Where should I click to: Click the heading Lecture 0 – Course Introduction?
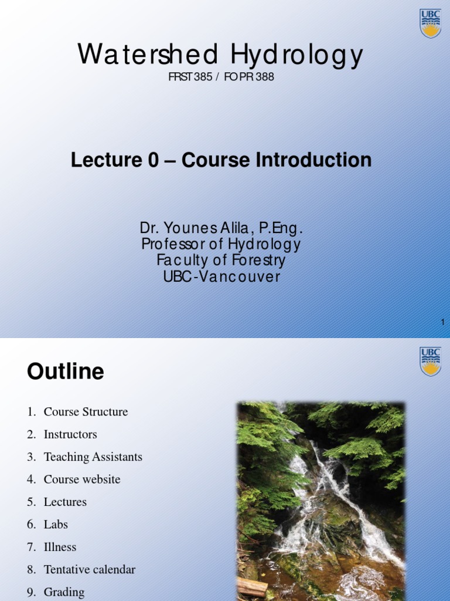click(x=221, y=160)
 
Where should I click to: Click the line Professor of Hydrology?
click(x=221, y=244)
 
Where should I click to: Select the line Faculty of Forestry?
click(x=221, y=260)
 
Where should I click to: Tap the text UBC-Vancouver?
click(x=221, y=276)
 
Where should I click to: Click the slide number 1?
click(x=443, y=322)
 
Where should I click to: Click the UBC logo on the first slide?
click(x=431, y=23)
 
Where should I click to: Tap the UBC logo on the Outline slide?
click(x=431, y=362)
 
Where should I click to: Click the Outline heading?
click(x=66, y=372)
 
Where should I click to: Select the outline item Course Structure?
click(x=86, y=412)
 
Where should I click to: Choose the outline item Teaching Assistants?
click(x=93, y=457)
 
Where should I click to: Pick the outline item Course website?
click(x=82, y=480)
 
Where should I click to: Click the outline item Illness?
click(x=60, y=547)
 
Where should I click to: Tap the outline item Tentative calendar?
click(x=89, y=569)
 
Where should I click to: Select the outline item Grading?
click(x=64, y=592)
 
